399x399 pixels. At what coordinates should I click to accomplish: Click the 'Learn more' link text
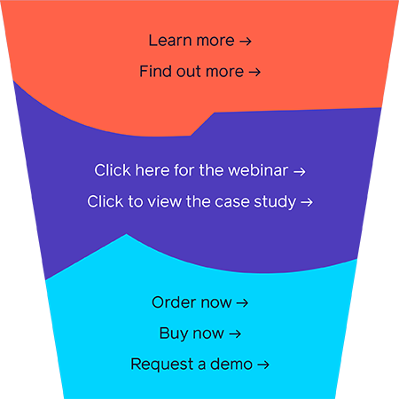192,41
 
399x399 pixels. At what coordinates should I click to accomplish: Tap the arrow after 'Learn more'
246,41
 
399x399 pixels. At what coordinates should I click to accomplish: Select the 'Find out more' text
192,72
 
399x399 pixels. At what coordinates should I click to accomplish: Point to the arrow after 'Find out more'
255,72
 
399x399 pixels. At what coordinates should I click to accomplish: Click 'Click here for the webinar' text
192,170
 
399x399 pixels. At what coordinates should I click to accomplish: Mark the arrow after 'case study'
307,202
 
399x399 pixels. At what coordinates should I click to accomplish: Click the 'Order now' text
192,302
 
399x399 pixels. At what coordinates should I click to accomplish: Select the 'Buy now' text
192,334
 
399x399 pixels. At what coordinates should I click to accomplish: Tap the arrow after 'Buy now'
235,334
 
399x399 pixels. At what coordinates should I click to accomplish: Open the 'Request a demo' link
191,364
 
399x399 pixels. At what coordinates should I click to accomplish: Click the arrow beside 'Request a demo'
263,364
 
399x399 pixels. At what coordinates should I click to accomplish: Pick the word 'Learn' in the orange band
167,41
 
